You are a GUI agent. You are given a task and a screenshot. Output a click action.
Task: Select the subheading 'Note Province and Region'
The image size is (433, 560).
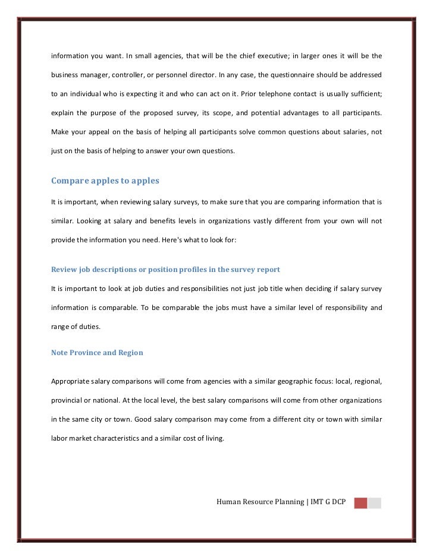click(x=97, y=352)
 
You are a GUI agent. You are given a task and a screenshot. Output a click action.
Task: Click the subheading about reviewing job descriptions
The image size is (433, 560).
click(x=165, y=269)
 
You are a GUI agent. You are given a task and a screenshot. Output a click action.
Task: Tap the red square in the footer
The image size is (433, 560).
click(x=360, y=503)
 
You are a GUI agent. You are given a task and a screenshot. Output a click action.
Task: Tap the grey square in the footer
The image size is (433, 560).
click(x=374, y=503)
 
